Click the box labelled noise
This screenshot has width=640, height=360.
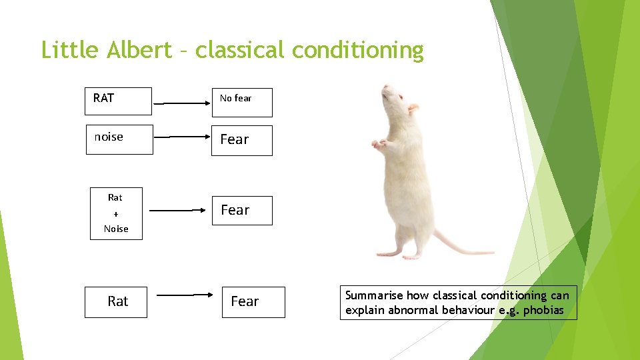pyautogui.click(x=119, y=139)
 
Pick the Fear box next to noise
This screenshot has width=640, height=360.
pyautogui.click(x=241, y=140)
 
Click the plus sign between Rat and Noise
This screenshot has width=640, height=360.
pyautogui.click(x=116, y=213)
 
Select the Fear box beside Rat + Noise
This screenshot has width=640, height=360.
pyautogui.click(x=241, y=211)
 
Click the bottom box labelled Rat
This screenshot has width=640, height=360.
pyautogui.click(x=116, y=302)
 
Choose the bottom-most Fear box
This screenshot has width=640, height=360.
pyautogui.click(x=253, y=302)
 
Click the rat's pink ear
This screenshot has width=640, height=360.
pyautogui.click(x=413, y=107)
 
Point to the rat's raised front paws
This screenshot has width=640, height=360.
pyautogui.click(x=380, y=143)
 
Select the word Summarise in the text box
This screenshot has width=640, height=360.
pyautogui.click(x=373, y=295)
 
